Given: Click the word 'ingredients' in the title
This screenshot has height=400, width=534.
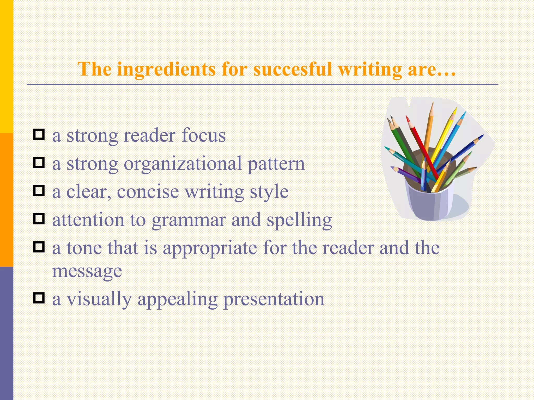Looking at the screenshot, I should [166, 70].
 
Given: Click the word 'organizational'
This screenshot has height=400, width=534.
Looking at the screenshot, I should [183, 164].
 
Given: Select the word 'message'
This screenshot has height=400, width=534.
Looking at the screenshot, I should [87, 271].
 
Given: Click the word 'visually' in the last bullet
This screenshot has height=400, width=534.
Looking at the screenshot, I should [99, 299].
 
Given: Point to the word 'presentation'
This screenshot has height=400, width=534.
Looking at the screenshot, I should [274, 299].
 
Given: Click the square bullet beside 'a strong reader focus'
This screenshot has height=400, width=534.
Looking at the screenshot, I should [39, 134].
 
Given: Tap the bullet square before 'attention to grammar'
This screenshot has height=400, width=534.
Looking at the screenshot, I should [39, 219].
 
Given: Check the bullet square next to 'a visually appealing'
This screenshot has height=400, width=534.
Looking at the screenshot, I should [39, 298].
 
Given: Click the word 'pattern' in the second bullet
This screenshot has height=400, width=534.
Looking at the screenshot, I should [276, 164].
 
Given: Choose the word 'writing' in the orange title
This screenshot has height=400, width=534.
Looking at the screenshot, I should [370, 70].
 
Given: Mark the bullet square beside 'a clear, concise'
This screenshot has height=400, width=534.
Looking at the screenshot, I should [39, 191].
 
